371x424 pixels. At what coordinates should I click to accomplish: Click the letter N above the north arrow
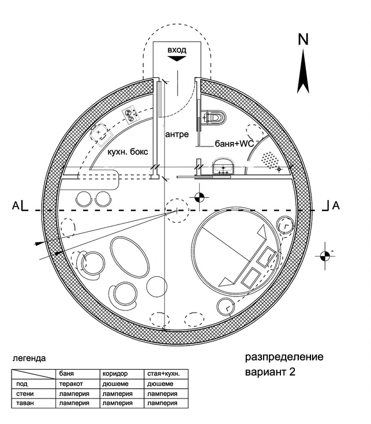[303, 39]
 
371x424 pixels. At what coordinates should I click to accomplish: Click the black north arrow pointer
[303, 72]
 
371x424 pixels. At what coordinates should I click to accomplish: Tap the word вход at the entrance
[177, 50]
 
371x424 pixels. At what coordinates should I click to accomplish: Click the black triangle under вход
[177, 58]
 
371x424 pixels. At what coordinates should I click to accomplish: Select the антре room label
[177, 134]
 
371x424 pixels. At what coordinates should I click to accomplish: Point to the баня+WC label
[234, 143]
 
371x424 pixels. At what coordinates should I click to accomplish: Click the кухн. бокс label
[128, 152]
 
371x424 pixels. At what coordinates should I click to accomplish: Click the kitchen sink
[100, 134]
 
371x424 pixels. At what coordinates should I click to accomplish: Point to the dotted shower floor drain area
[270, 160]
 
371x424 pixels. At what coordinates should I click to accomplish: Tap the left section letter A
[16, 206]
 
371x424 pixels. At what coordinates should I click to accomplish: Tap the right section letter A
[336, 206]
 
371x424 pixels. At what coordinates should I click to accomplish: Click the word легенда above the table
[29, 359]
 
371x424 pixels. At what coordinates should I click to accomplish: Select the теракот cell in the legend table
[71, 384]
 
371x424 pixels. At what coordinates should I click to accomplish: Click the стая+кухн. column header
[163, 374]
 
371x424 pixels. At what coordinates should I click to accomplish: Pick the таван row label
[25, 403]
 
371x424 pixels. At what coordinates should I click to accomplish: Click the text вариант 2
[270, 372]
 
